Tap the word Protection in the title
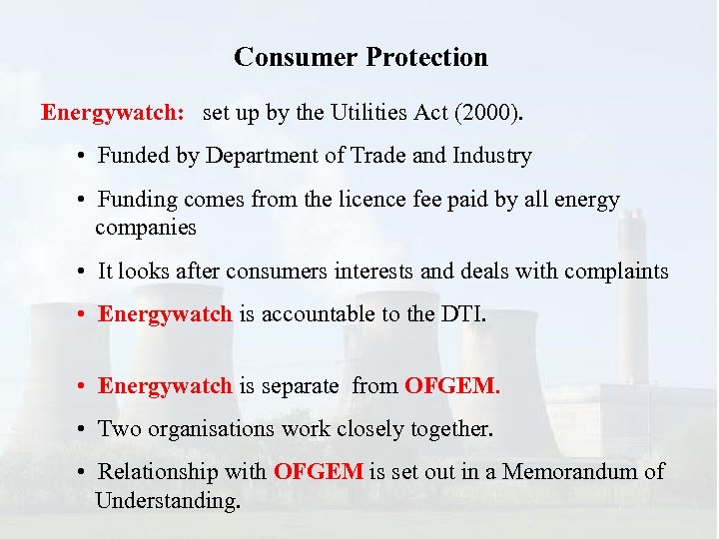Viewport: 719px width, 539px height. coord(427,57)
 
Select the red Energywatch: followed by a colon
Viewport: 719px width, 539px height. coord(112,113)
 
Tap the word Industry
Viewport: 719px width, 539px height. coord(492,157)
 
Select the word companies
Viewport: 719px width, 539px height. coord(146,228)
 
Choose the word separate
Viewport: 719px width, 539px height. coord(300,385)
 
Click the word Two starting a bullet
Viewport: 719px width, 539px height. coord(117,429)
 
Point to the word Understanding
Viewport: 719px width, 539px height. coord(168,499)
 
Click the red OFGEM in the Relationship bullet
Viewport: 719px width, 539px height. coord(319,472)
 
